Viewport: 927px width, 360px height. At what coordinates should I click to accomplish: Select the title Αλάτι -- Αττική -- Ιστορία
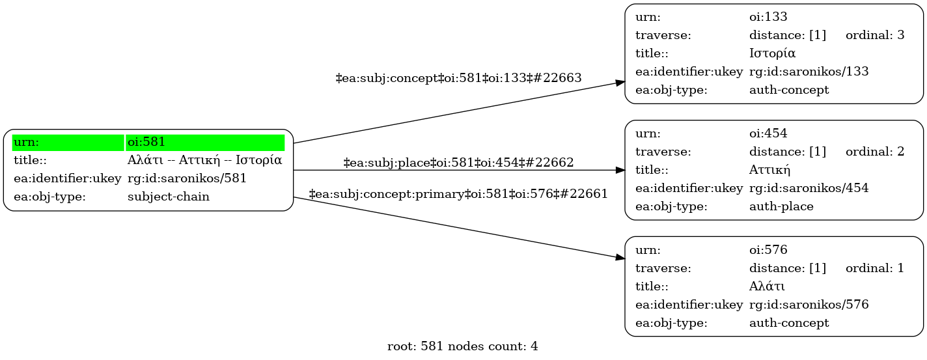click(204, 160)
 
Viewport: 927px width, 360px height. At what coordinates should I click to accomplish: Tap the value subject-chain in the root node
click(169, 197)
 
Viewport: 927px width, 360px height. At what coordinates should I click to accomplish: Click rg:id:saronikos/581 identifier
click(187, 178)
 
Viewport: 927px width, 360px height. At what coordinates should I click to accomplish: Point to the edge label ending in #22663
click(458, 77)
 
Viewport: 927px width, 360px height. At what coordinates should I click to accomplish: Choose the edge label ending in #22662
click(458, 163)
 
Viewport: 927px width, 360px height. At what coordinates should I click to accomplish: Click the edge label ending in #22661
click(458, 193)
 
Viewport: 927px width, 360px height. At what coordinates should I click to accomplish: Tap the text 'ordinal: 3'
click(875, 35)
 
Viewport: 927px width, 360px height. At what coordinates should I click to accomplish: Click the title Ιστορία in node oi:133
click(772, 53)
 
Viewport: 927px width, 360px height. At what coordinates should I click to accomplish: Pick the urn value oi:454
click(768, 133)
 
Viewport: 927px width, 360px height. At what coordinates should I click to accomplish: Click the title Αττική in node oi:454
click(769, 170)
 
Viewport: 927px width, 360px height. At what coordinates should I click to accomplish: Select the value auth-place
click(781, 206)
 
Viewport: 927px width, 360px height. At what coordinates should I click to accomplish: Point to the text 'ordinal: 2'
click(875, 152)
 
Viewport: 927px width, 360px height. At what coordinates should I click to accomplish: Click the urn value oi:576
click(768, 250)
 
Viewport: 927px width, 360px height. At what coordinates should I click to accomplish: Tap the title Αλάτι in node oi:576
click(767, 286)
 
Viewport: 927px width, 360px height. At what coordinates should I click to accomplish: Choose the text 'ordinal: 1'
click(875, 268)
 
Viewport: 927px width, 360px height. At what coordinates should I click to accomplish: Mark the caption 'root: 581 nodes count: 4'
click(463, 346)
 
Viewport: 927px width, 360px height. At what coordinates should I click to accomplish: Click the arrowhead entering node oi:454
click(620, 170)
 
